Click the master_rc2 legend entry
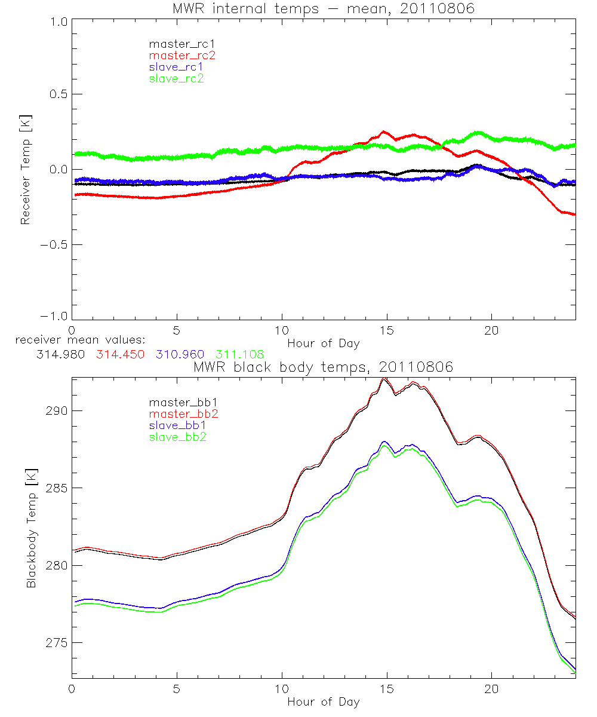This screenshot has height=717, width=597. click(182, 56)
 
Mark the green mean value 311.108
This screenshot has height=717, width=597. click(239, 354)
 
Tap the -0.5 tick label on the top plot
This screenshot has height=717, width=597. click(53, 244)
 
